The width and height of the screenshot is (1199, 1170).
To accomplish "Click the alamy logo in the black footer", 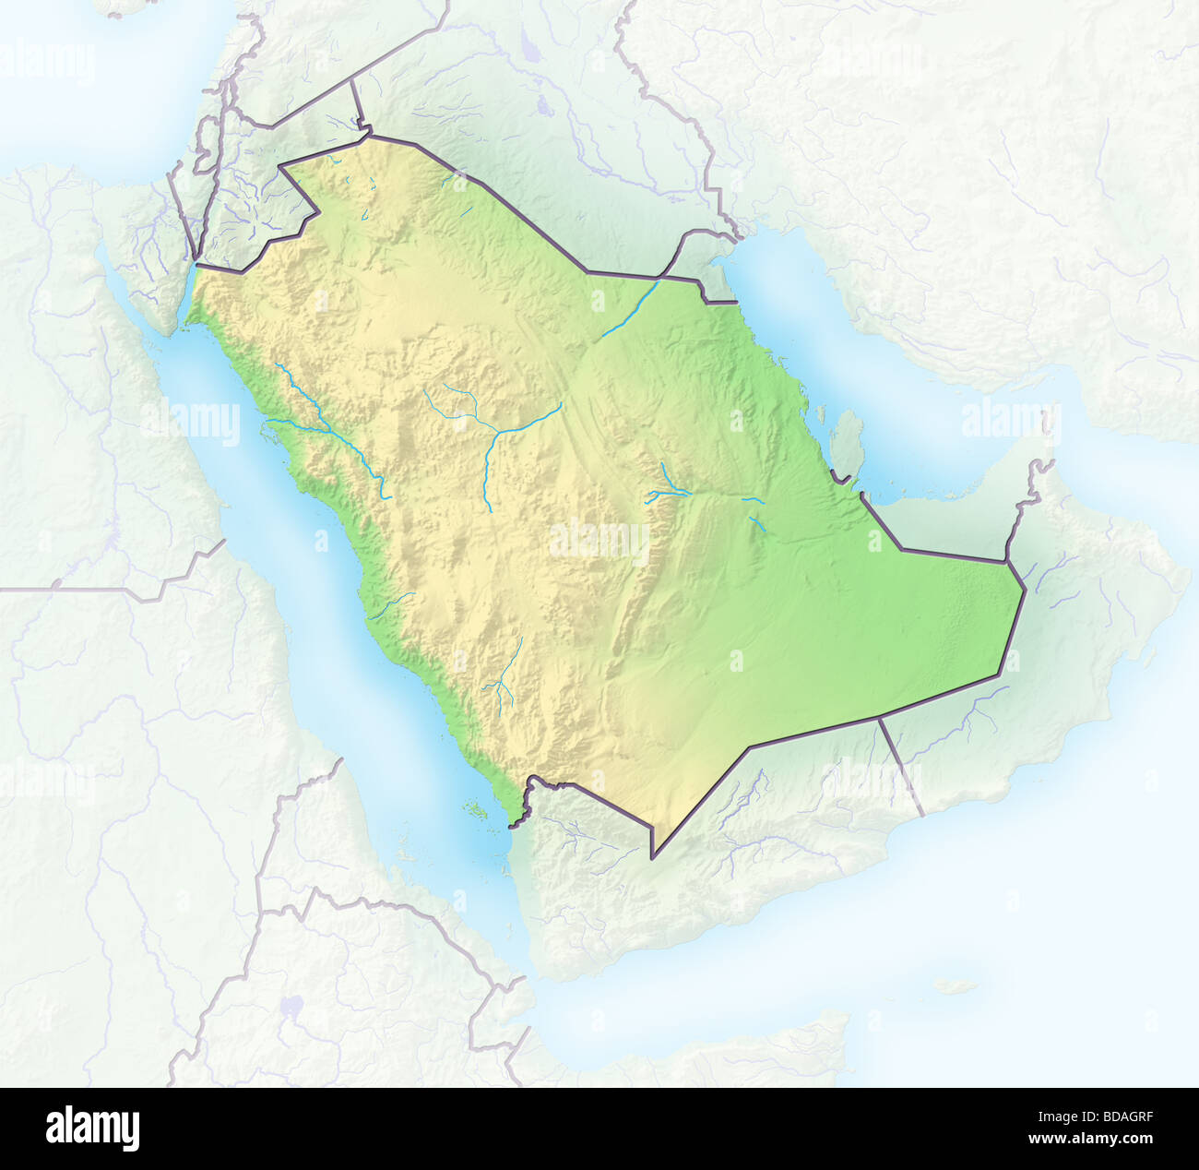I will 92,1128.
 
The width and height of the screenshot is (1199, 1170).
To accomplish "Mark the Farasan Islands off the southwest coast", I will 476,811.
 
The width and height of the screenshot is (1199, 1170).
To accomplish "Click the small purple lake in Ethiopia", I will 293,1006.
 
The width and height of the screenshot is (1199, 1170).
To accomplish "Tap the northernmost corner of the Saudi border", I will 371,136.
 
